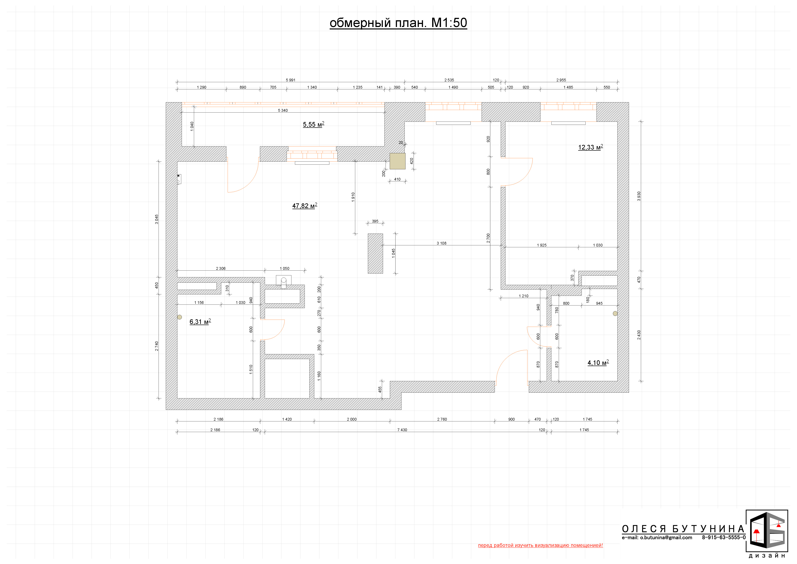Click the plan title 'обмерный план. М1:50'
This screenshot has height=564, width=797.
pyautogui.click(x=398, y=23)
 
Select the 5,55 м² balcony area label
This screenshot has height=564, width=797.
pyautogui.click(x=313, y=124)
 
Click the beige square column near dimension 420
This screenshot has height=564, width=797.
pyautogui.click(x=397, y=161)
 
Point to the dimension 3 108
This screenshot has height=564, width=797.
pyautogui.click(x=441, y=243)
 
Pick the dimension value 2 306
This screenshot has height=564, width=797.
pyautogui.click(x=221, y=268)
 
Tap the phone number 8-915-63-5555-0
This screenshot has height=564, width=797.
pyautogui.click(x=724, y=538)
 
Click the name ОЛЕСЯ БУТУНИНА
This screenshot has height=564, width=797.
pyautogui.click(x=683, y=529)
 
